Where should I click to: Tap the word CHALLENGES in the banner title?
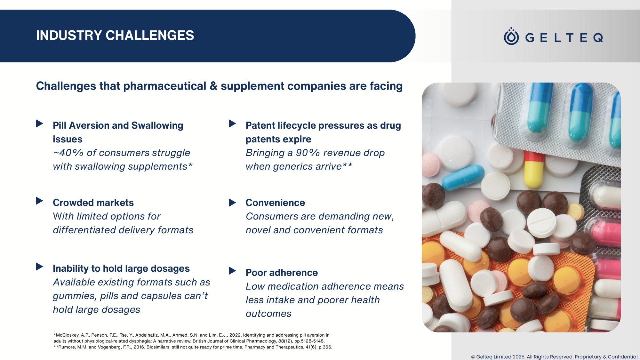click(x=150, y=35)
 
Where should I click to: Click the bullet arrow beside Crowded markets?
click(x=39, y=201)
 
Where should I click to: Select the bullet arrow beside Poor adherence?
click(x=232, y=271)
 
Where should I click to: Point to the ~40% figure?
click(x=68, y=153)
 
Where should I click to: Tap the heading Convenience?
click(x=275, y=203)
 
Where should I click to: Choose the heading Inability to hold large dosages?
click(x=121, y=268)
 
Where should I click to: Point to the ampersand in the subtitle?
click(x=213, y=86)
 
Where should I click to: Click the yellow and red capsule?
click(x=533, y=170)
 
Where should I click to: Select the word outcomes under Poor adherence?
click(x=268, y=314)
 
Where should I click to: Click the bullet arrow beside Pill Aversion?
click(x=39, y=124)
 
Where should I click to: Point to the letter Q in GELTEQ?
click(x=598, y=38)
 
